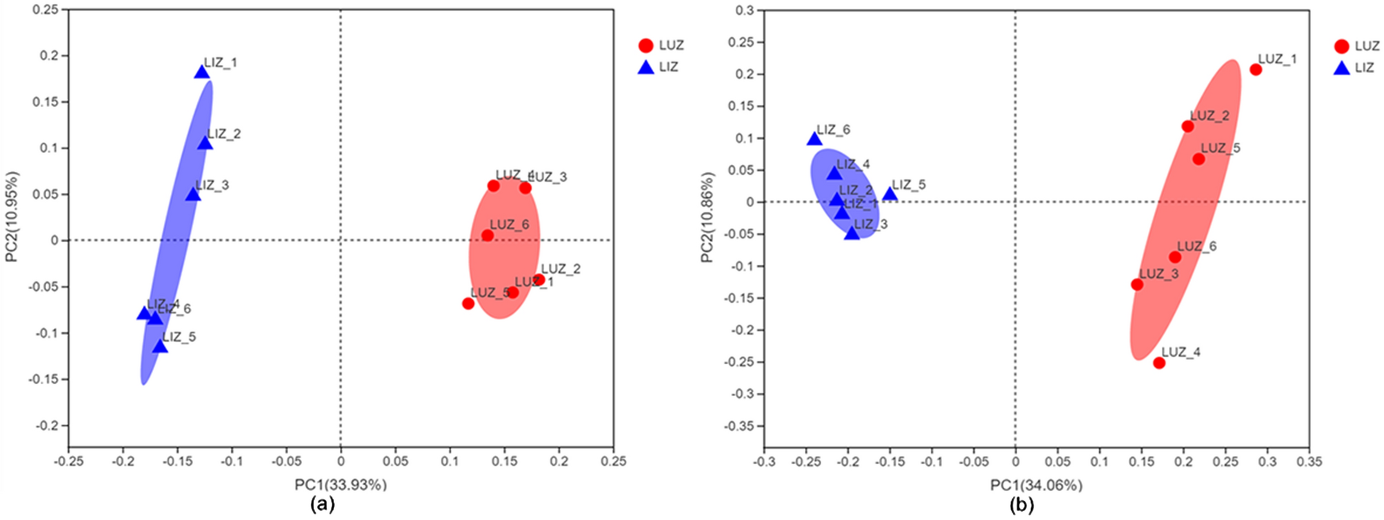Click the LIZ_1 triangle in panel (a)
pyautogui.click(x=201, y=72)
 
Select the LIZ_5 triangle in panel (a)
pyautogui.click(x=160, y=346)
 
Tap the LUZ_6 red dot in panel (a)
pyautogui.click(x=488, y=235)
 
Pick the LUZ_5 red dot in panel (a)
pyautogui.click(x=468, y=303)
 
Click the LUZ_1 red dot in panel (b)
pyautogui.click(x=1256, y=70)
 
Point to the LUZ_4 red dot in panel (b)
pyautogui.click(x=1159, y=363)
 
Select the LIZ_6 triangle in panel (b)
pyautogui.click(x=814, y=139)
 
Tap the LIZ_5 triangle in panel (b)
pyautogui.click(x=890, y=194)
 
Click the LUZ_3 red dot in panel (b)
pyautogui.click(x=1137, y=284)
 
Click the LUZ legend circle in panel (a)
pyautogui.click(x=645, y=46)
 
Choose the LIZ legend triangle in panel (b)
pyautogui.click(x=1341, y=68)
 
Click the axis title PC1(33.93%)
pyautogui.click(x=341, y=485)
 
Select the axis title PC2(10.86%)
pyautogui.click(x=708, y=217)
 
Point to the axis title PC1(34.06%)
pyautogui.click(x=1036, y=486)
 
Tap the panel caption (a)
pyautogui.click(x=323, y=505)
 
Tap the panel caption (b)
pyautogui.click(x=1021, y=506)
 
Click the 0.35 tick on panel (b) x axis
pyautogui.click(x=1309, y=461)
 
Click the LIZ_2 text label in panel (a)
pyautogui.click(x=224, y=134)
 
